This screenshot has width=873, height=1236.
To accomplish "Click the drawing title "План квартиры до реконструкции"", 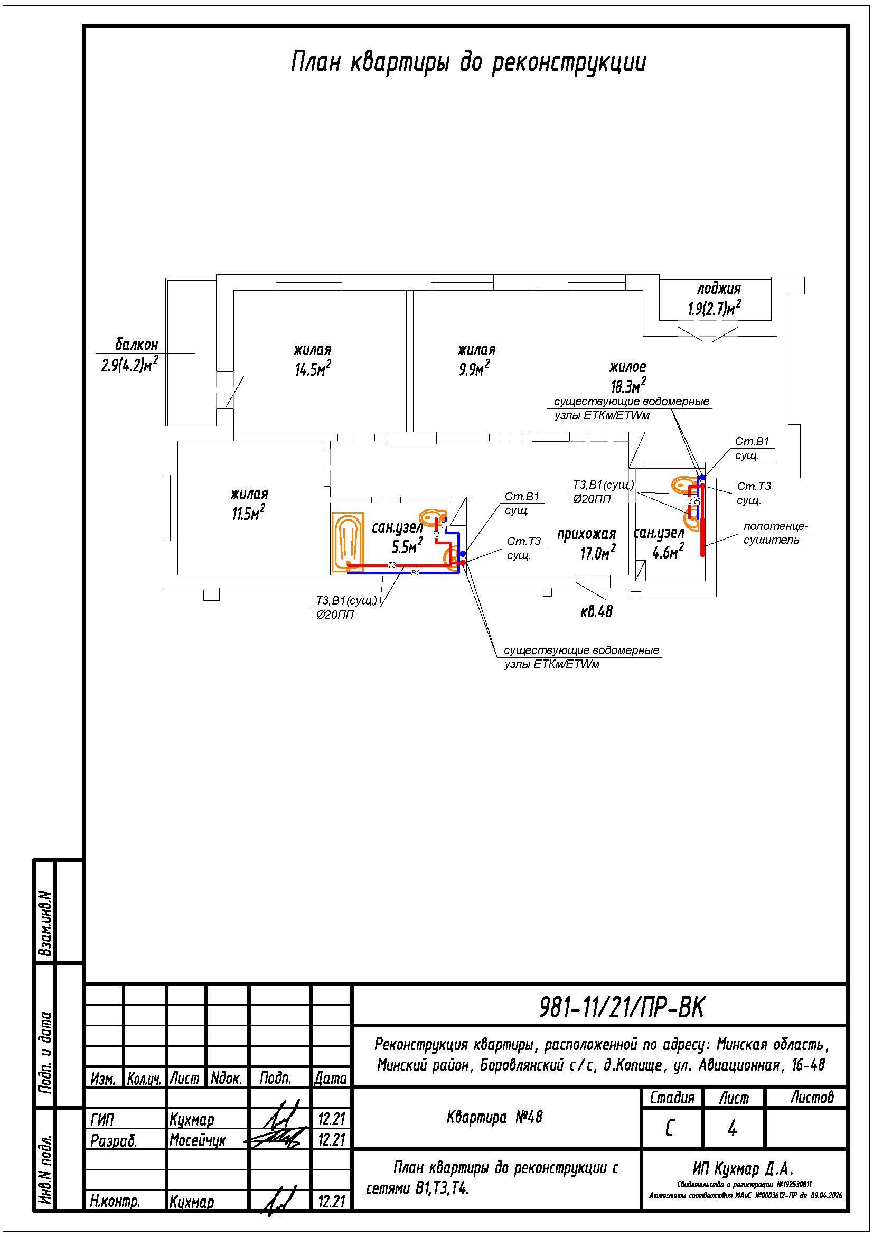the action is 468,63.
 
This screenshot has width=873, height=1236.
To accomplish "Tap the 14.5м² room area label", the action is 313,360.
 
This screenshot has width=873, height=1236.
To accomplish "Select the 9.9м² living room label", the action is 476,360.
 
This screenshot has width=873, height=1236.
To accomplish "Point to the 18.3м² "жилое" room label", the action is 628,377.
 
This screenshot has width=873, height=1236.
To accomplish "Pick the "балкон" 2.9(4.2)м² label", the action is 130,355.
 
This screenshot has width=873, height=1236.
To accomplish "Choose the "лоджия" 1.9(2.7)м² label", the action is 715,299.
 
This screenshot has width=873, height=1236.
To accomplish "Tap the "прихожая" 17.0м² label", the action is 586,544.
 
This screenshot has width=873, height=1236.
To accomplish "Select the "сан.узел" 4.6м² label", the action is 660,543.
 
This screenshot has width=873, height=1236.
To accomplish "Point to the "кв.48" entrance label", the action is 596,611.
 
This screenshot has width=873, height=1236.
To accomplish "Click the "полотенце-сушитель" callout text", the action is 776,533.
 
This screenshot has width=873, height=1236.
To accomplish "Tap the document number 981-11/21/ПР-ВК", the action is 621,1007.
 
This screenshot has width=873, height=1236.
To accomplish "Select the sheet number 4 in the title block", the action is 732,1129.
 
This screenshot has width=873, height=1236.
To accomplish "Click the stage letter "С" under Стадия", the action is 670,1129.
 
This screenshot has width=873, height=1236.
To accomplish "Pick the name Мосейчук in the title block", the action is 198,1141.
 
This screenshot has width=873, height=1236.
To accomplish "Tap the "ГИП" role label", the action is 102,1120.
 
